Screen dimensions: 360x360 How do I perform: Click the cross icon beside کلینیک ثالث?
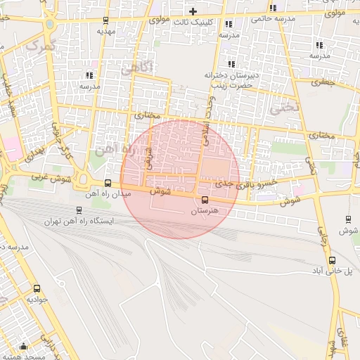point(193,11)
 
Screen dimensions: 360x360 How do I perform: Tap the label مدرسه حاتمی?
point(271,19)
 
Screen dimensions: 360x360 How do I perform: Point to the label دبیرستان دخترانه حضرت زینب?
point(232,79)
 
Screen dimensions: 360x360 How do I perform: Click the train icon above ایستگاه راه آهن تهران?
point(78,210)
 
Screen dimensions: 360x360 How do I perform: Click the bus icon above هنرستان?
point(205,198)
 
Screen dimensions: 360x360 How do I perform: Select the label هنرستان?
point(205,210)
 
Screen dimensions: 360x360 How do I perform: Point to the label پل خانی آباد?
point(329,270)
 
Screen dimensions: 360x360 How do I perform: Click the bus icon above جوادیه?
point(37,288)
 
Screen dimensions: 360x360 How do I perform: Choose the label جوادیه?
point(37,300)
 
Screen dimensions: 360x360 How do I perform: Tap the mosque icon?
point(23,346)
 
